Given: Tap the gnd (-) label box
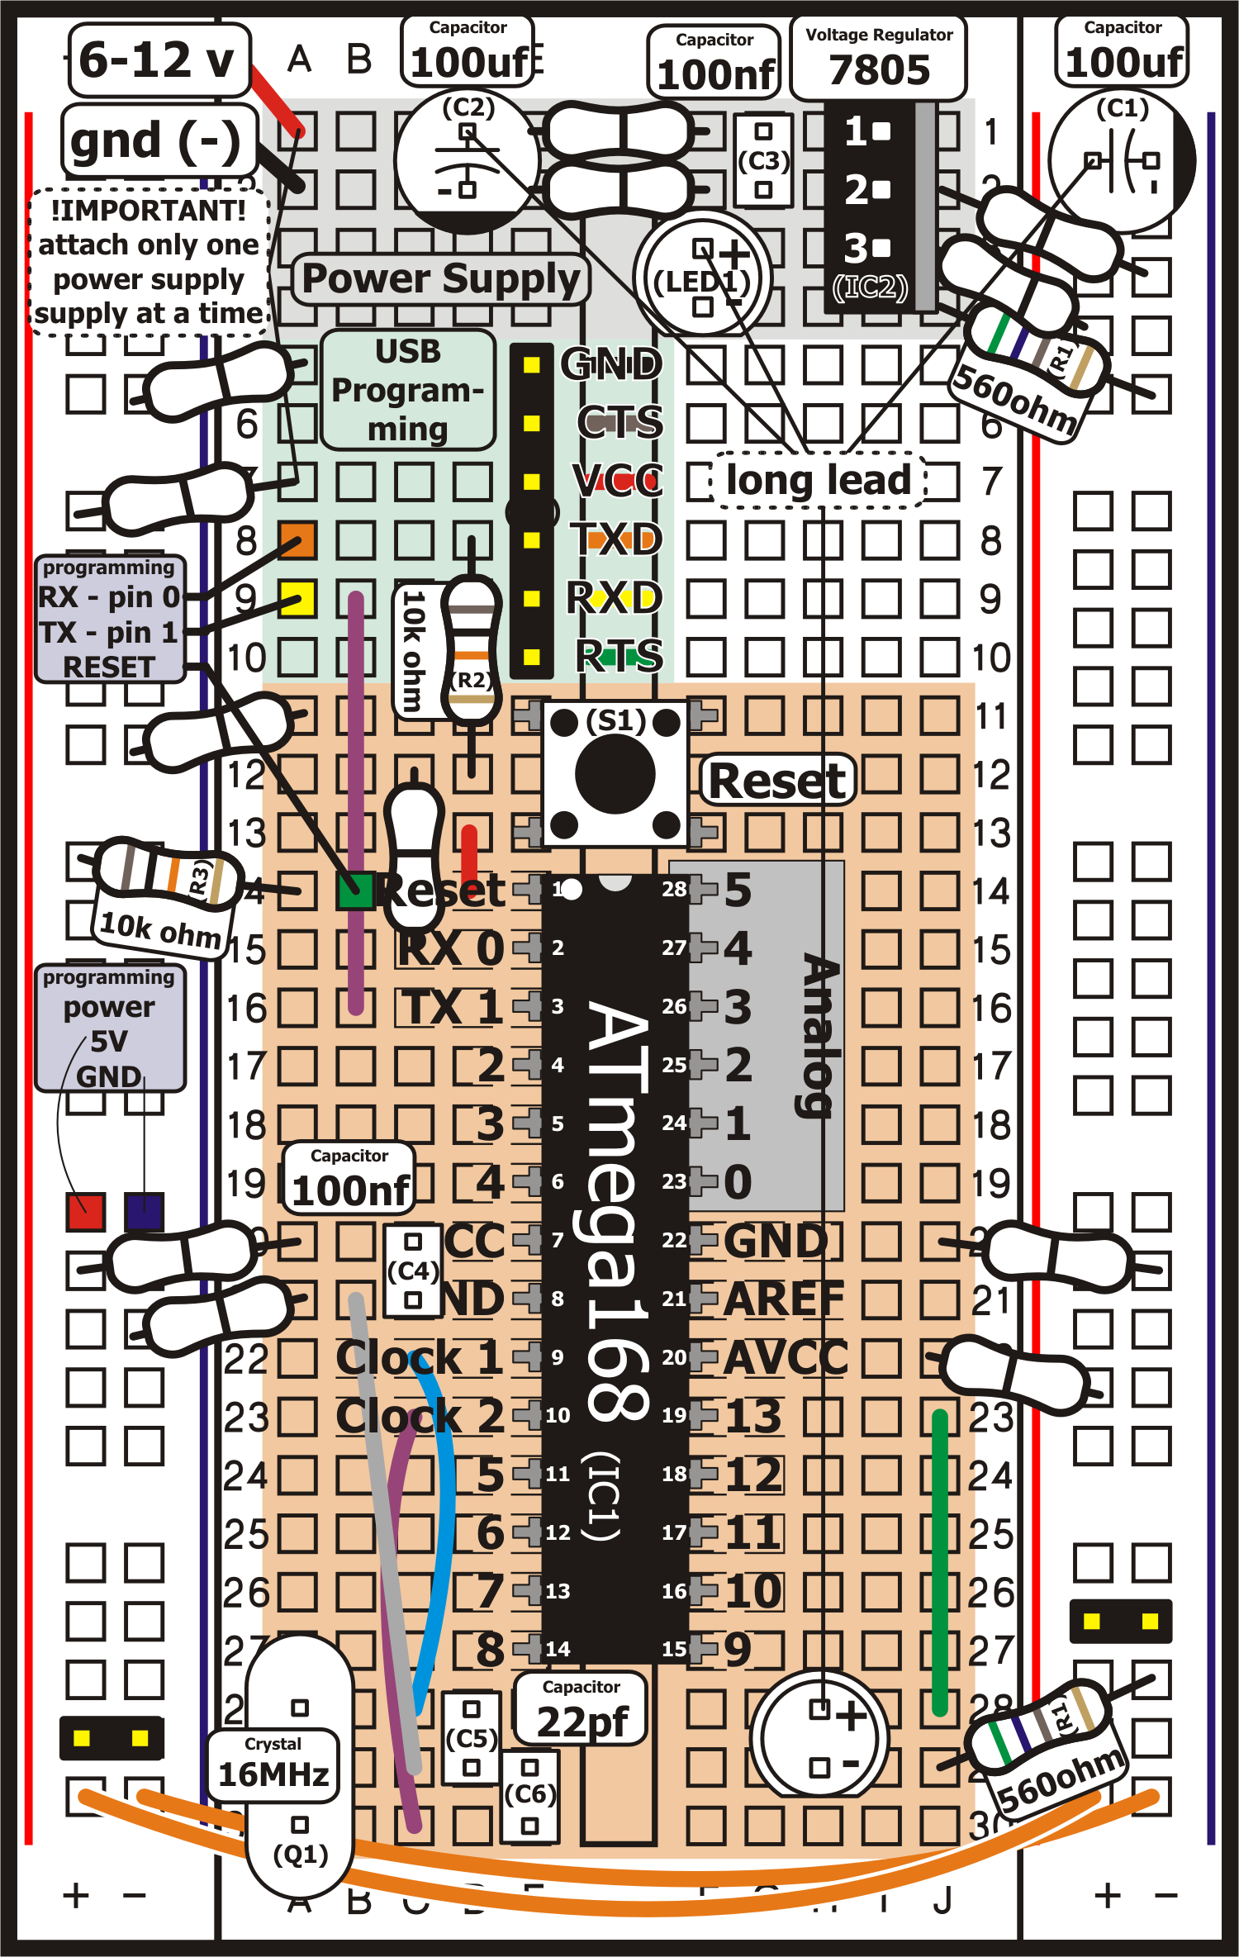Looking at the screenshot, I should [159, 140].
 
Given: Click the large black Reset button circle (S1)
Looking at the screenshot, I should [615, 774].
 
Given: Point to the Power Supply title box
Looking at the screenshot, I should [441, 279].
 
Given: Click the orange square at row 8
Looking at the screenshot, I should [297, 540].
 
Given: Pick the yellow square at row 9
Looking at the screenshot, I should [297, 599].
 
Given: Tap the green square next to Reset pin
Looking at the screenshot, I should [356, 891].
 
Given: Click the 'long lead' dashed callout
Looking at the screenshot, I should [818, 480].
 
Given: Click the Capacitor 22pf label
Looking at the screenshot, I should [582, 1708].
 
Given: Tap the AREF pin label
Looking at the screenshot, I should [783, 1299].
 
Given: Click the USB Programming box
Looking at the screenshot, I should [408, 390].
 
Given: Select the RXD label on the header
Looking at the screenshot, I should [615, 598].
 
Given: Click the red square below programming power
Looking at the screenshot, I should [85, 1212].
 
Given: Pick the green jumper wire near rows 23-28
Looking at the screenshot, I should [939, 1561].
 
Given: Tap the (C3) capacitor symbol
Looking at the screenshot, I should [763, 160].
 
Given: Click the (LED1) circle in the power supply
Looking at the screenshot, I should [702, 278].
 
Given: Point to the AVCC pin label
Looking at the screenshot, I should [785, 1358].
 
